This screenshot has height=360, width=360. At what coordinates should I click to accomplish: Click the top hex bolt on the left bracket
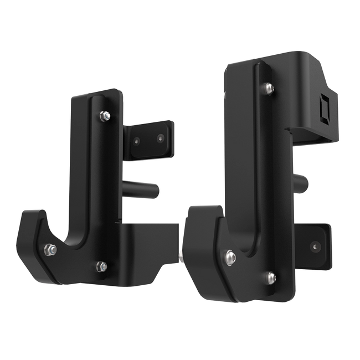pyautogui.click(x=103, y=115)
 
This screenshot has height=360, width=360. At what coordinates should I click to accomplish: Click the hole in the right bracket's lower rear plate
pyautogui.click(x=316, y=244)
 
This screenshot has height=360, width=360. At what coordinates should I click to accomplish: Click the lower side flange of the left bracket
pyautogui.click(x=150, y=238)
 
